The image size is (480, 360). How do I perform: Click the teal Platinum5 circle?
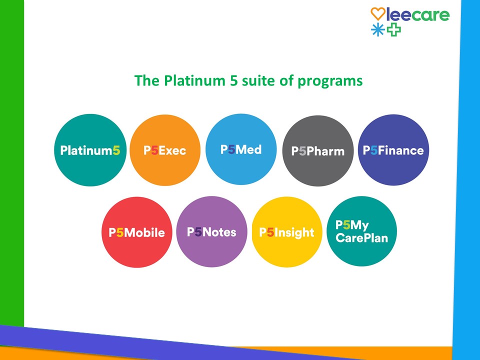[x=90, y=150]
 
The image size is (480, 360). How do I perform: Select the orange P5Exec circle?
[x=165, y=150]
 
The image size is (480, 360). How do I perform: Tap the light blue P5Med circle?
[x=241, y=149]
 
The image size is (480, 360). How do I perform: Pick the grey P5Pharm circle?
[x=318, y=150]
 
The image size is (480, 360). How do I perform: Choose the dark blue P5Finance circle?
[x=393, y=150]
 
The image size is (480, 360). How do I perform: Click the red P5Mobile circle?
[x=137, y=232]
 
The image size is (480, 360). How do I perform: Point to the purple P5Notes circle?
[x=211, y=231]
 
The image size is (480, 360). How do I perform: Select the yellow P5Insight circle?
[x=287, y=232]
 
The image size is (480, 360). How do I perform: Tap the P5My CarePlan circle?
[x=362, y=231]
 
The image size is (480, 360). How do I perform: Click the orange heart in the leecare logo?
[x=378, y=14]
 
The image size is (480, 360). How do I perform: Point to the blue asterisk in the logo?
[x=378, y=30]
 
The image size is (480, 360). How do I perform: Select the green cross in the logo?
[x=393, y=30]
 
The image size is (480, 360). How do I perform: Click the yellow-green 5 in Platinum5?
[x=116, y=150]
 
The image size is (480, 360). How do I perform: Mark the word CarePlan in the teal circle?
[x=362, y=238]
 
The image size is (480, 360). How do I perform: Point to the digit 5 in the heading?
[x=234, y=80]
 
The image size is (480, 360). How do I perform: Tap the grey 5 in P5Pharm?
[x=302, y=151]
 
